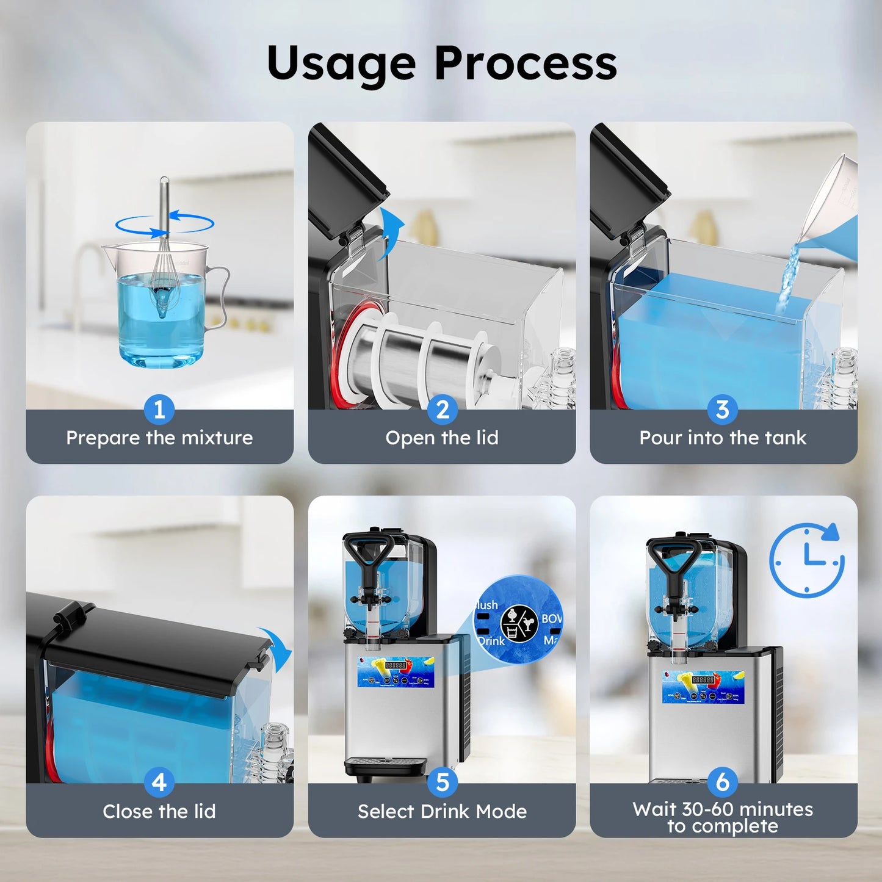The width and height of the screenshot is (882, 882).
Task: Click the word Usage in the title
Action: (342, 64)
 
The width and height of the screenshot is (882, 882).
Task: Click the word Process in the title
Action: (526, 63)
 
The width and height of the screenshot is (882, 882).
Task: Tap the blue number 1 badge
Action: (159, 410)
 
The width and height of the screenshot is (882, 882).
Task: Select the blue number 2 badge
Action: (443, 410)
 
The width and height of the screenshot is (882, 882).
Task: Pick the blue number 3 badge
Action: (723, 410)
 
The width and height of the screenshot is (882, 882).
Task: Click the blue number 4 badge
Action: (159, 783)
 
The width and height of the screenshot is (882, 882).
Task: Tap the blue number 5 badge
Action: (443, 783)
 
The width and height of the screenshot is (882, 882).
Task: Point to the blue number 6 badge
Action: (723, 782)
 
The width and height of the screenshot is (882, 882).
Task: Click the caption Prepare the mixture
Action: (159, 438)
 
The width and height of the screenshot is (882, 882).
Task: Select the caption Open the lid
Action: (442, 438)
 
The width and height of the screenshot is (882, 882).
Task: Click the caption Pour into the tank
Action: (723, 438)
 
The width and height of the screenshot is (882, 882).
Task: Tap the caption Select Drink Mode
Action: (442, 811)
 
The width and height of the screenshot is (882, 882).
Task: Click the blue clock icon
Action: (807, 559)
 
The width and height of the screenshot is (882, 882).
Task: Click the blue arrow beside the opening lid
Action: (391, 232)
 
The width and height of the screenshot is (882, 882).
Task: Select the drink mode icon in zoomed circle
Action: (519, 623)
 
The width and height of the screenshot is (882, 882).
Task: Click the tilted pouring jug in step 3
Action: (830, 208)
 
